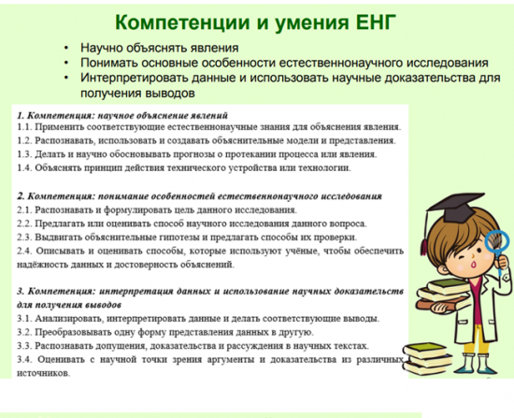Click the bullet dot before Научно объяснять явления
pos(66,48)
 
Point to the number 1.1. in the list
pos(24,126)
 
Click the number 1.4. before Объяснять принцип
pos(24,167)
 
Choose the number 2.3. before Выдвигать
pos(24,237)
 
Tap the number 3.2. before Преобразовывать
pos(24,332)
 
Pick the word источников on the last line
pos(44,373)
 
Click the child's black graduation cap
pos(457,207)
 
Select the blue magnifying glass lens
pos(496,242)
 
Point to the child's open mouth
pos(474,264)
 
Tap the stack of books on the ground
pos(427,358)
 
